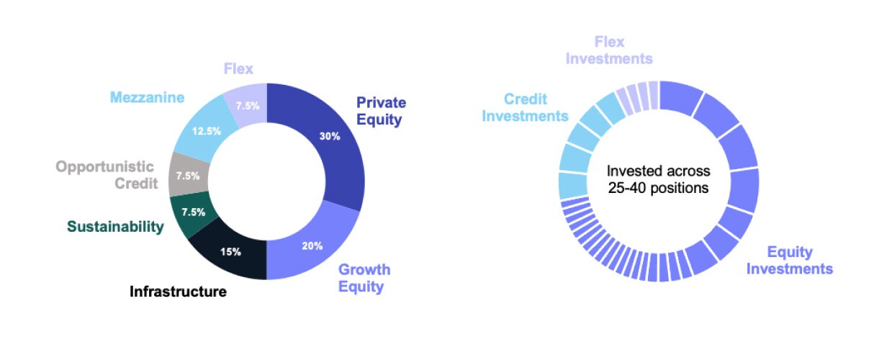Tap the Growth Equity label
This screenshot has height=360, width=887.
coord(364,278)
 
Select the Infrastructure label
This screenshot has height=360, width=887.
coord(178,292)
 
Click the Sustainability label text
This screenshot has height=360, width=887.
coord(115,227)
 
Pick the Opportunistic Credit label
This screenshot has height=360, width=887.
coord(107,175)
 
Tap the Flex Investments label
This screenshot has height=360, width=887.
coord(609,50)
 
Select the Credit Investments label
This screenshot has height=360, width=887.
coord(525,107)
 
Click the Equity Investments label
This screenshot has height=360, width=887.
coord(789,261)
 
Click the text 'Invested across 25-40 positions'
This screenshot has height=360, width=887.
coord(658,180)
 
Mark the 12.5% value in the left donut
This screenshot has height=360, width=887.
coord(207,131)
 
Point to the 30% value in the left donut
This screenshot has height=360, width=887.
coord(330,136)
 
